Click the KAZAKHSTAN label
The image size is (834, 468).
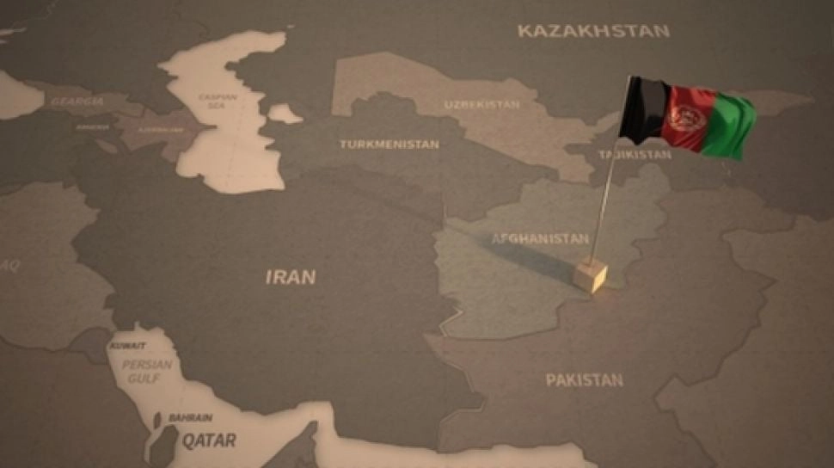(593, 31)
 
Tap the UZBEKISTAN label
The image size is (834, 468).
(481, 104)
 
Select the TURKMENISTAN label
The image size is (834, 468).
(389, 144)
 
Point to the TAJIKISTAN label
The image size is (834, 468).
(635, 155)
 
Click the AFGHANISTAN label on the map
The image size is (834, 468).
(540, 238)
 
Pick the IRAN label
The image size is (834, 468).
(290, 277)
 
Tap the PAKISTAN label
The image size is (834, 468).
(584, 379)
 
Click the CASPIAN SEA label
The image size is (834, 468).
(218, 101)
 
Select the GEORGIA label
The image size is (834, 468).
(77, 102)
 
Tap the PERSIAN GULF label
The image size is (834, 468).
(147, 371)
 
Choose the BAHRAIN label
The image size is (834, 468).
(190, 417)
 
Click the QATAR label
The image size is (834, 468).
(207, 440)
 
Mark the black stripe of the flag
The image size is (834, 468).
(641, 110)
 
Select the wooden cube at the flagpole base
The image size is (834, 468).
(591, 275)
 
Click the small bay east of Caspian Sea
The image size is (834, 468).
(284, 114)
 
